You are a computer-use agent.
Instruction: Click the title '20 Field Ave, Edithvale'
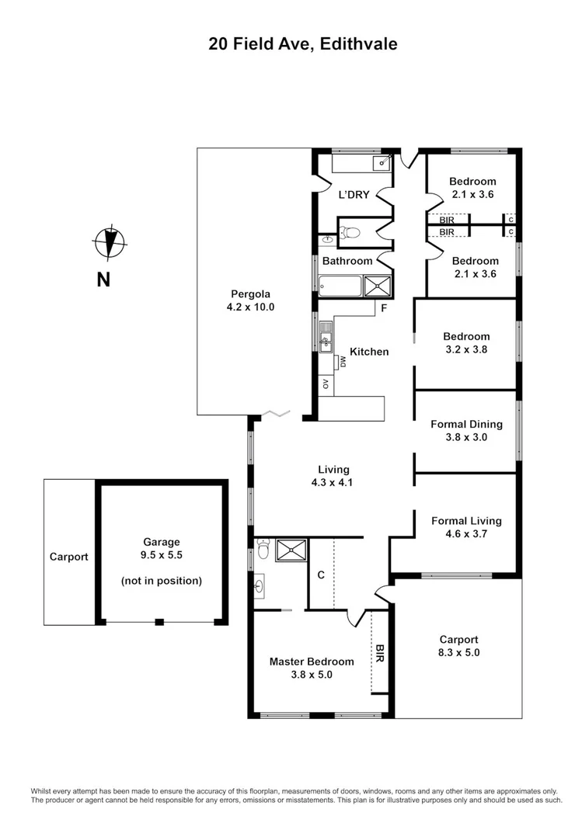tap(302, 44)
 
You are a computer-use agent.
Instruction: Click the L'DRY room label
tap(354, 195)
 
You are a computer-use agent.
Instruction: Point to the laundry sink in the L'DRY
tap(382, 162)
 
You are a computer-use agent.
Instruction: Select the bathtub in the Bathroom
tap(340, 286)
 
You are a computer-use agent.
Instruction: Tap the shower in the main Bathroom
tap(378, 286)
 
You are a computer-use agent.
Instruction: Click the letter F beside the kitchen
tap(383, 308)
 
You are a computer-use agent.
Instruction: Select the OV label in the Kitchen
tap(326, 383)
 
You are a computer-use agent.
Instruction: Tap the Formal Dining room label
tap(466, 424)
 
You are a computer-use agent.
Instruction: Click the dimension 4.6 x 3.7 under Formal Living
tap(466, 534)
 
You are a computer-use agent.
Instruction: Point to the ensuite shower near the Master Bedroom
tap(291, 550)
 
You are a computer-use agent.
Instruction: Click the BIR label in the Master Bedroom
tap(380, 652)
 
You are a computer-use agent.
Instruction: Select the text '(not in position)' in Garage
tap(162, 580)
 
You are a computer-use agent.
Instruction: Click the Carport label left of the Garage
tap(69, 557)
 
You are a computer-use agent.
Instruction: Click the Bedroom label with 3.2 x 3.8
tap(466, 336)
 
